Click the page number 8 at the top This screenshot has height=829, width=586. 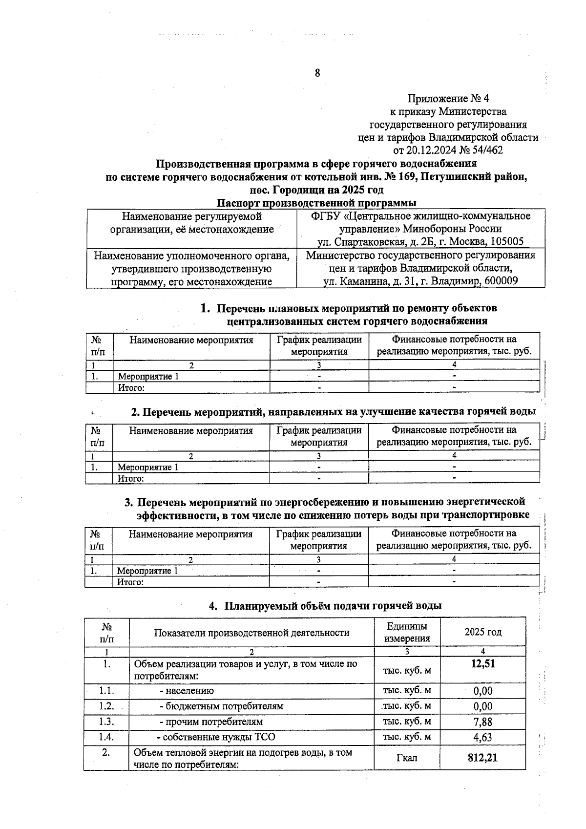click(x=317, y=73)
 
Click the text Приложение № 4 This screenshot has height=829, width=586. click(x=448, y=99)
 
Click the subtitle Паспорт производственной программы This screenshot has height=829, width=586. click(x=316, y=202)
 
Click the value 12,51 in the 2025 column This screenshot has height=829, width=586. click(x=482, y=664)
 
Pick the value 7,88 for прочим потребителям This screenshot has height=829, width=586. click(x=482, y=722)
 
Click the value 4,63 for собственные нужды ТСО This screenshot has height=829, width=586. click(x=482, y=737)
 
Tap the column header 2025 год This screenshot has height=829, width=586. click(x=482, y=632)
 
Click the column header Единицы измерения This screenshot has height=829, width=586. click(x=407, y=632)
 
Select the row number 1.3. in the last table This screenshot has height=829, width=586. click(x=106, y=722)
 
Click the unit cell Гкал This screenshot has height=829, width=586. click(x=407, y=758)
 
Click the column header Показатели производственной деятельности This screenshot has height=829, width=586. click(x=251, y=633)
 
